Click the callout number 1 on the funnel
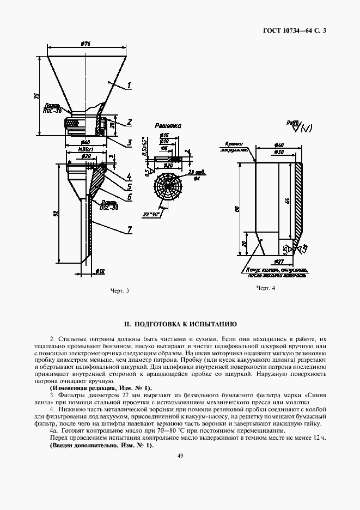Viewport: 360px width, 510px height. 130,85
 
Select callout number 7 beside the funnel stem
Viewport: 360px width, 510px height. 130,229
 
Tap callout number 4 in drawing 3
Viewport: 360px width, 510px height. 129,176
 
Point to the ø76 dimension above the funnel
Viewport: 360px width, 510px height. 85,44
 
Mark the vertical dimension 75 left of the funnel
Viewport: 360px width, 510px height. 36,96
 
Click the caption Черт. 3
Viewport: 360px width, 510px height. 119,289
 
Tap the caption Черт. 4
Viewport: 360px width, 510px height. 266,288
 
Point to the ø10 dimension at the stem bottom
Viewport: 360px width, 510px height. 100,270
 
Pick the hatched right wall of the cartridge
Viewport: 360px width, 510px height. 300,202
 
